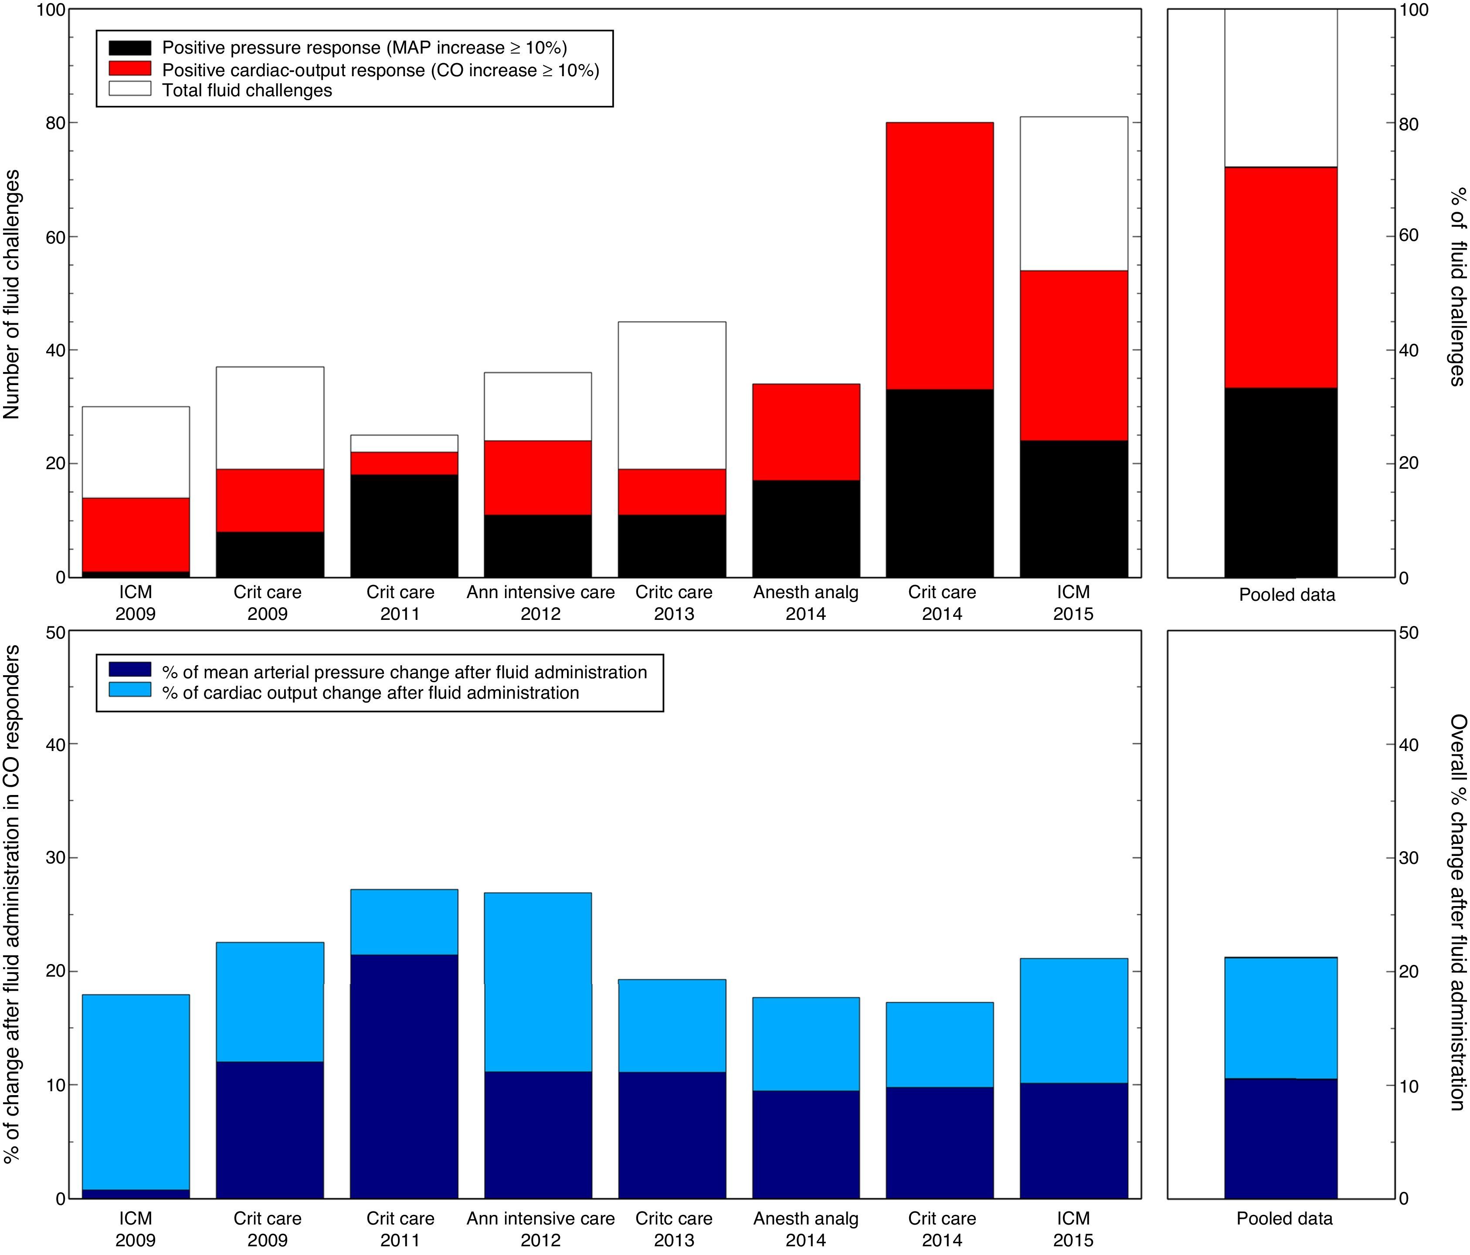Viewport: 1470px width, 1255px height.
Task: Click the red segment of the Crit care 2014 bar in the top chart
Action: point(939,255)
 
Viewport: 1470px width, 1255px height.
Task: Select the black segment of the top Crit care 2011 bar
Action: point(404,524)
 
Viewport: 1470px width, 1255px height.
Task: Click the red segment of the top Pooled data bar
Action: point(1280,277)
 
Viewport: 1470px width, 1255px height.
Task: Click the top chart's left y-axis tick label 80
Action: point(54,123)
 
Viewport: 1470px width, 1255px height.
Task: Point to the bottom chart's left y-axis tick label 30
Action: point(54,858)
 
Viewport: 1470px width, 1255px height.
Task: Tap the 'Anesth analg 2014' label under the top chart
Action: point(806,603)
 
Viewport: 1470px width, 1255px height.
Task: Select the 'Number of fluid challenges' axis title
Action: point(12,294)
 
